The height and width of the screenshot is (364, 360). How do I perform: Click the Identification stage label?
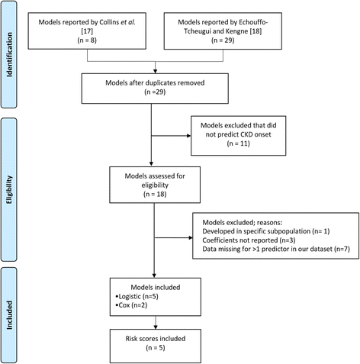(9, 54)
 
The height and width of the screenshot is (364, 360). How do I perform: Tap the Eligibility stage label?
(9, 189)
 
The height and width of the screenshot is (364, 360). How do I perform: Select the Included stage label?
(9, 315)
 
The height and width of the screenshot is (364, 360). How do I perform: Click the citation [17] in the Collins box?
(87, 31)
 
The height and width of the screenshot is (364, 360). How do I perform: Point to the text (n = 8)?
(87, 40)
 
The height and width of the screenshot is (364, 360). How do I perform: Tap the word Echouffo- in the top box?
(253, 22)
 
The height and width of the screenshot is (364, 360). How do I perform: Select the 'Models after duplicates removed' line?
(155, 82)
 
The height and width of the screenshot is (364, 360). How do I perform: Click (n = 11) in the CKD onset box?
(238, 143)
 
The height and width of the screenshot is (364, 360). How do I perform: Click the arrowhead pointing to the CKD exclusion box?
(189, 136)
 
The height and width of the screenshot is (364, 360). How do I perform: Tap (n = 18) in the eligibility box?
(155, 194)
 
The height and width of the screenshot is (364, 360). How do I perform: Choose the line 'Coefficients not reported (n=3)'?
(249, 240)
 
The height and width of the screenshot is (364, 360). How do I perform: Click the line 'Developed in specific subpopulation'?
(266, 231)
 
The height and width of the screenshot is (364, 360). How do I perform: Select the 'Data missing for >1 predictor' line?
(276, 249)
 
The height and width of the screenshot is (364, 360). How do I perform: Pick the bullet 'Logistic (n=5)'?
(137, 296)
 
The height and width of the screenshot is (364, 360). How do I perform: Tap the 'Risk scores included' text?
(156, 339)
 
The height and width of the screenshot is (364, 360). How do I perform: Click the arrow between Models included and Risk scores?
(156, 323)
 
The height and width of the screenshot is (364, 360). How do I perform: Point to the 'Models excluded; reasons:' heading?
(243, 223)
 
